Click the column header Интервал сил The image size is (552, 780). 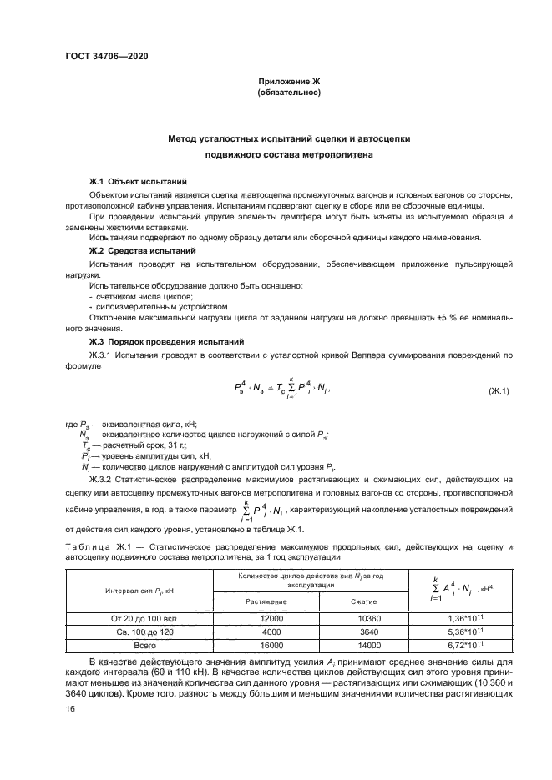[x=139, y=591]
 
